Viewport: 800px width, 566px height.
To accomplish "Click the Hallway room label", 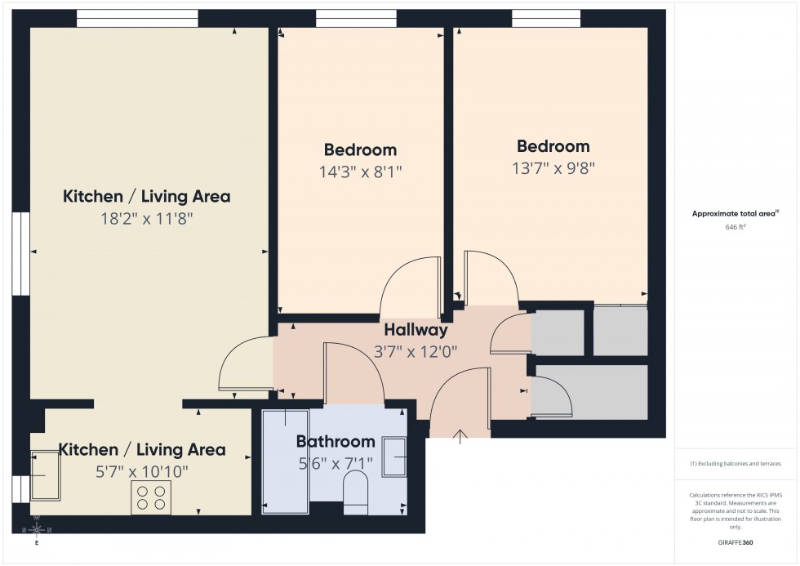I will point(416,330).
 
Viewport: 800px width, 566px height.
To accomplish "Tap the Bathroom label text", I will point(336,442).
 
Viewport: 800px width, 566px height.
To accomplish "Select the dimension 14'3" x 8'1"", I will point(360,172).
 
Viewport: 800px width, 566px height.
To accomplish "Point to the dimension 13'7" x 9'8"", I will point(553,168).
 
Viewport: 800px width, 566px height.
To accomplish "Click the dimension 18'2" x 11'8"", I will point(146,218).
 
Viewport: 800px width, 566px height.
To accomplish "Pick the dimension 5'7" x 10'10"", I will point(141,471).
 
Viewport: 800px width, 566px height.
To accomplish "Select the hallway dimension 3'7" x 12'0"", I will point(416,352).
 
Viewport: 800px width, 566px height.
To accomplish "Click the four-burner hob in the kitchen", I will point(151,497).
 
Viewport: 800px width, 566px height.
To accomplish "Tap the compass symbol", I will point(37,530).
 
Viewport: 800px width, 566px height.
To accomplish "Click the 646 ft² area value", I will point(736,228).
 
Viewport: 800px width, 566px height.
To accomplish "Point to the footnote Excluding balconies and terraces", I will point(736,463).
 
